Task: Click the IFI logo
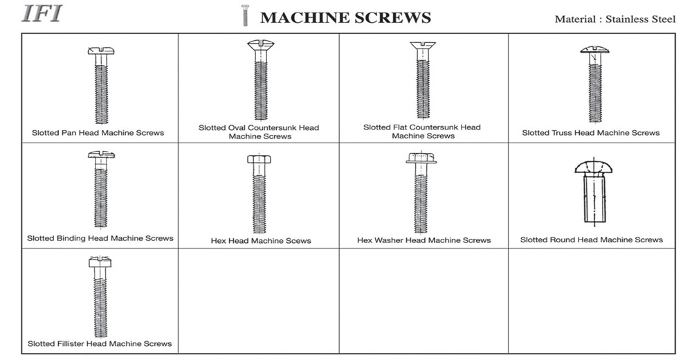point(42,13)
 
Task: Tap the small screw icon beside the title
point(245,15)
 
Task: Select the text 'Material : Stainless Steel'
point(614,19)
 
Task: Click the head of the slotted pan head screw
point(101,51)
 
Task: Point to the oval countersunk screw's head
point(260,44)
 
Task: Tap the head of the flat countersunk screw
point(423,46)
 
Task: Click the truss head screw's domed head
point(594,49)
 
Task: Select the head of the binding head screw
point(101,154)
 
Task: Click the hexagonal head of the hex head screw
point(259,159)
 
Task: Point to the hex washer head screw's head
point(421,158)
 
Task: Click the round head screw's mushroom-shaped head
point(594,167)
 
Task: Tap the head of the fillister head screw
point(100,262)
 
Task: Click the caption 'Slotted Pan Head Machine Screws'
point(98,133)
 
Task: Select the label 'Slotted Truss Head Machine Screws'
point(590,133)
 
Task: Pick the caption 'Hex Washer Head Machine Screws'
point(424,240)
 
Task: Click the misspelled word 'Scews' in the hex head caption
point(299,241)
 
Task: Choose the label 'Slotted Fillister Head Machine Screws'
point(100,343)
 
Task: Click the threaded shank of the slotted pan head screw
point(102,94)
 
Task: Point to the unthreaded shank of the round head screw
point(594,197)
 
